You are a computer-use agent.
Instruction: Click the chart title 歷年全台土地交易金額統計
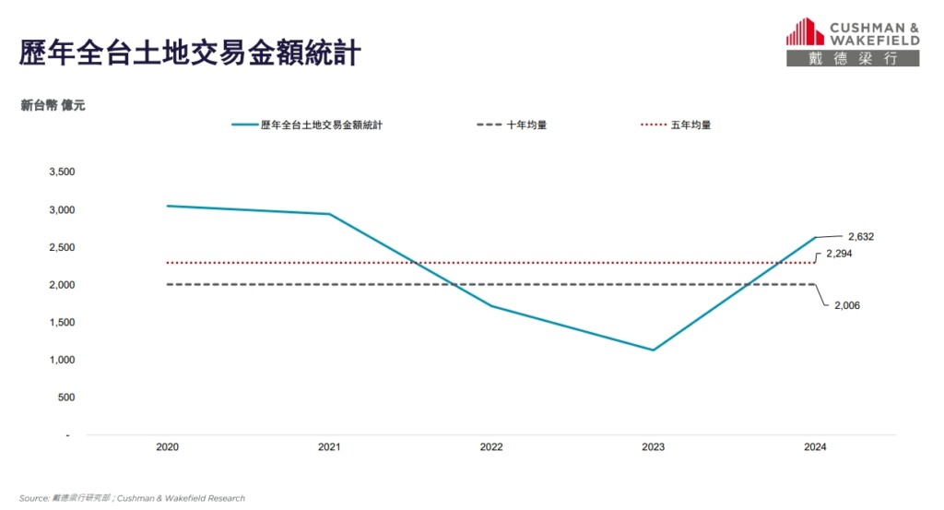(189, 52)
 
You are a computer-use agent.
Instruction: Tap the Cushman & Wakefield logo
(852, 42)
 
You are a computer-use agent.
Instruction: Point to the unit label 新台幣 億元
(53, 106)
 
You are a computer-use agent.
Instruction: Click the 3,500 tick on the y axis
(61, 172)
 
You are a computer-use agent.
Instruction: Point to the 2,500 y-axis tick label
(61, 247)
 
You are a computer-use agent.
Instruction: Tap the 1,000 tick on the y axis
(61, 360)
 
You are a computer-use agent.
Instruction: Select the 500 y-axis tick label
(65, 397)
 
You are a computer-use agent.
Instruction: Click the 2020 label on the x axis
(167, 447)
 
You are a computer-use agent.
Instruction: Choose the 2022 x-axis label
(491, 447)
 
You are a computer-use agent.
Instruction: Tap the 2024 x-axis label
(815, 447)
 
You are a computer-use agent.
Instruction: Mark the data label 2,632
(860, 236)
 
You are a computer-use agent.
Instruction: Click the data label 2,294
(839, 253)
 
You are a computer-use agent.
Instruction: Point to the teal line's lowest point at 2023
(653, 350)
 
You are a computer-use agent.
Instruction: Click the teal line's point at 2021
(329, 214)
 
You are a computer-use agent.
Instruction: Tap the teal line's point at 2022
(491, 306)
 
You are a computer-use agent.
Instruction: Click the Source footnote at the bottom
(132, 498)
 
